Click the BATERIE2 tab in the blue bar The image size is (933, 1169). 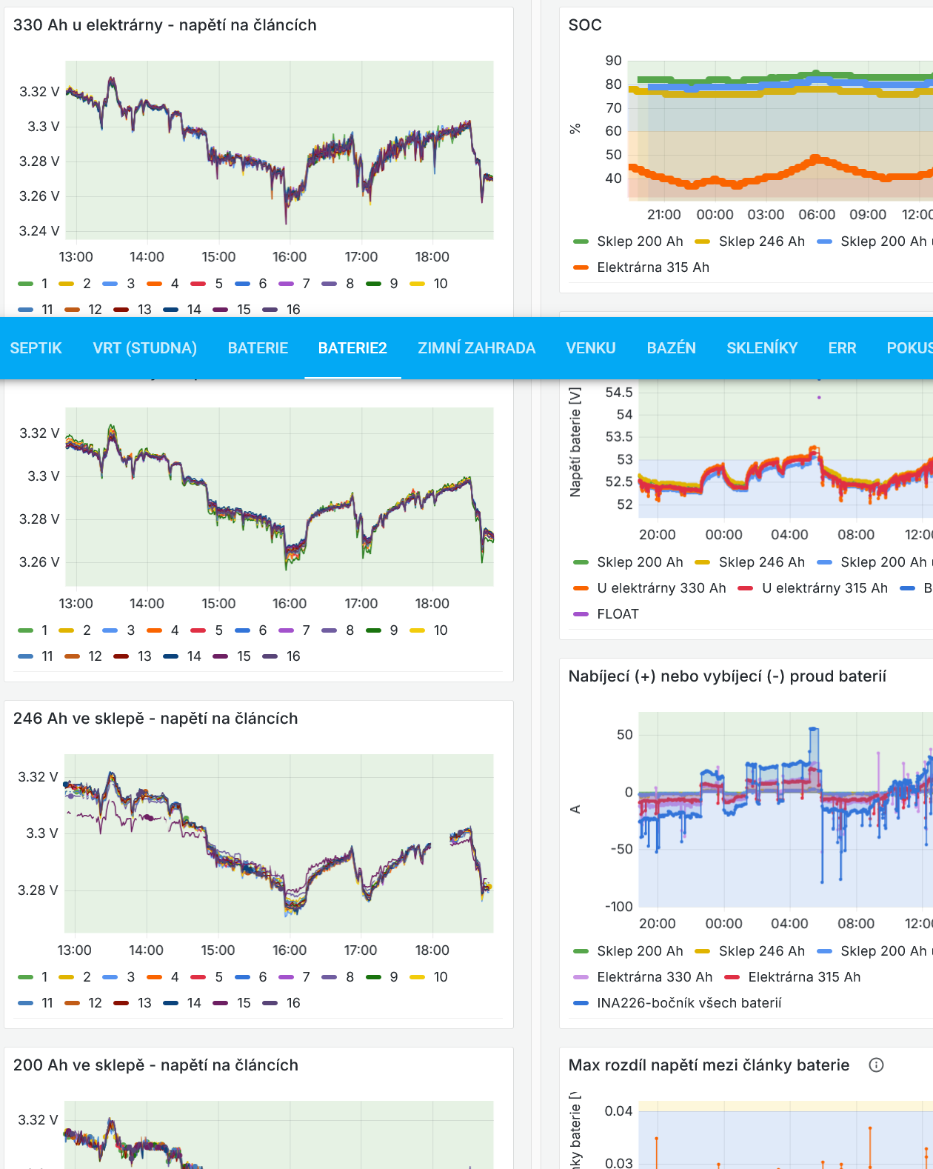click(x=352, y=348)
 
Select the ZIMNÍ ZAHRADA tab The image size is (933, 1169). click(x=476, y=348)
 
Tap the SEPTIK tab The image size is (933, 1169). click(x=36, y=348)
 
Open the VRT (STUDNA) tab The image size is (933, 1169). click(x=144, y=348)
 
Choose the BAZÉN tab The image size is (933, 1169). click(x=671, y=348)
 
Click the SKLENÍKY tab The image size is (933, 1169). click(x=762, y=348)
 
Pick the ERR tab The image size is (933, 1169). click(x=842, y=348)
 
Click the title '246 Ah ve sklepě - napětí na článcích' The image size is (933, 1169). click(x=155, y=719)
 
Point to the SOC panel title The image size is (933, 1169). click(x=585, y=25)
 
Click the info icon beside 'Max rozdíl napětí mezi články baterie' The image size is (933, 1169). click(x=876, y=1065)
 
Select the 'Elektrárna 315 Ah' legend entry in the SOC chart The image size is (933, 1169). click(x=652, y=267)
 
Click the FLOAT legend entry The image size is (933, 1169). click(x=617, y=614)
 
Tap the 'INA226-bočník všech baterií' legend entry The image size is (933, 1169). click(x=689, y=1003)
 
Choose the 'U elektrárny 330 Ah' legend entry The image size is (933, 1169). click(x=661, y=588)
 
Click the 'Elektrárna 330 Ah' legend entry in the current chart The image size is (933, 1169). click(x=654, y=977)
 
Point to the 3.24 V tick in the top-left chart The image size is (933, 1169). click(x=39, y=231)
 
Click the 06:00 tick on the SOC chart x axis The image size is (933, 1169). click(x=817, y=215)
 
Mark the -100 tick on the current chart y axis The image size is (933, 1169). click(x=619, y=907)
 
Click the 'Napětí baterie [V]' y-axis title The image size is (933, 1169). click(x=575, y=442)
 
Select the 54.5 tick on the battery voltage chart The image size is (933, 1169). click(x=619, y=393)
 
